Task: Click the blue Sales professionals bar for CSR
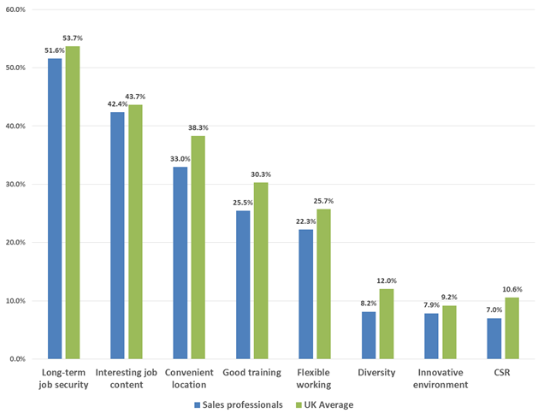[x=494, y=339]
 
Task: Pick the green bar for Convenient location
[x=198, y=247]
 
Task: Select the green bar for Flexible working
[x=323, y=284]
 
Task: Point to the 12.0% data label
[x=387, y=280]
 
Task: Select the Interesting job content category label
[x=127, y=379]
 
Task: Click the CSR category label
[x=503, y=373]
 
